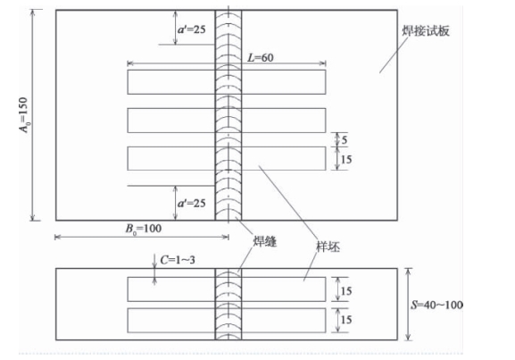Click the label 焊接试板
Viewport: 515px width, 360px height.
point(426,31)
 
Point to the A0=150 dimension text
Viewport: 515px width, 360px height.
point(23,114)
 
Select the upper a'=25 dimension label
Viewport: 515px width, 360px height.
point(192,29)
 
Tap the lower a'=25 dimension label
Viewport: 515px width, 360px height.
point(192,203)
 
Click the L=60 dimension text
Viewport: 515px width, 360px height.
point(260,58)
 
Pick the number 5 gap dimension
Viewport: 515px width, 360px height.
point(345,140)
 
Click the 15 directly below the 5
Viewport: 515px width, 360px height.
point(346,159)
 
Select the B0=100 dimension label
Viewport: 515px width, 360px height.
point(144,229)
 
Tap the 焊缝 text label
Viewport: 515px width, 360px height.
point(265,241)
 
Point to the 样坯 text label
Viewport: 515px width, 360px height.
point(328,247)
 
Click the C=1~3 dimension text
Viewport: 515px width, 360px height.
point(178,260)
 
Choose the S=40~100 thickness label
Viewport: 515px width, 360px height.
point(436,305)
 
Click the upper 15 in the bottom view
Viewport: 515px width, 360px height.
point(346,291)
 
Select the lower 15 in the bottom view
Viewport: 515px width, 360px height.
point(346,320)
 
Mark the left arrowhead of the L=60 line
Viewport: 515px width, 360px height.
point(129,63)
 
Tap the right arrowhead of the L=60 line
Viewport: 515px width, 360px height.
point(323,63)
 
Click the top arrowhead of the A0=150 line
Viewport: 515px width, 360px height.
point(32,13)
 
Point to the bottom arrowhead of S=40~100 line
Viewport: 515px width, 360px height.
point(408,337)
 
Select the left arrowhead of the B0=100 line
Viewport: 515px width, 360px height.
point(57,237)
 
